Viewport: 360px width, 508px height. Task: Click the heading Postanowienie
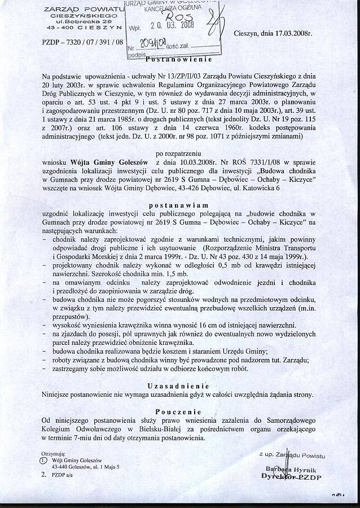pos(178,59)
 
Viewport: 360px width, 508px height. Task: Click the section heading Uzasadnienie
pos(179,386)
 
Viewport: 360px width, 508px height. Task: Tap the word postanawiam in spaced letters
pos(179,205)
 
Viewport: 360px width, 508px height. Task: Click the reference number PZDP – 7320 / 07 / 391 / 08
pos(82,42)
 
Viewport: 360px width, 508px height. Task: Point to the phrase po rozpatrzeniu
pos(179,154)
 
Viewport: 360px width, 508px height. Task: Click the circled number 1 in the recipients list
pos(44,460)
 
